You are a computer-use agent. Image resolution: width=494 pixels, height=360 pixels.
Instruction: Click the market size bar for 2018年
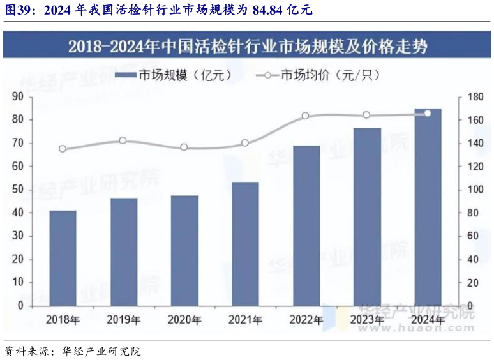pos(63,258)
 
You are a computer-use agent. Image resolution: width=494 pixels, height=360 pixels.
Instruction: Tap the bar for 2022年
pos(306,225)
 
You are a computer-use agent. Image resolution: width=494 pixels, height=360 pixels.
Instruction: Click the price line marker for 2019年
pos(123,140)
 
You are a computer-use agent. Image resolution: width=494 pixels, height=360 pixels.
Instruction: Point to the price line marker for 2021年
pos(245,143)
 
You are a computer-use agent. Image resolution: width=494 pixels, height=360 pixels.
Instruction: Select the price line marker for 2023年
pos(366,115)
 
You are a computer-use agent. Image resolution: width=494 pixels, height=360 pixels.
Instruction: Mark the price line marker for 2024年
pos(428,113)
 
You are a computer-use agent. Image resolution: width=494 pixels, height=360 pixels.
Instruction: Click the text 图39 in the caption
pos(17,10)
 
